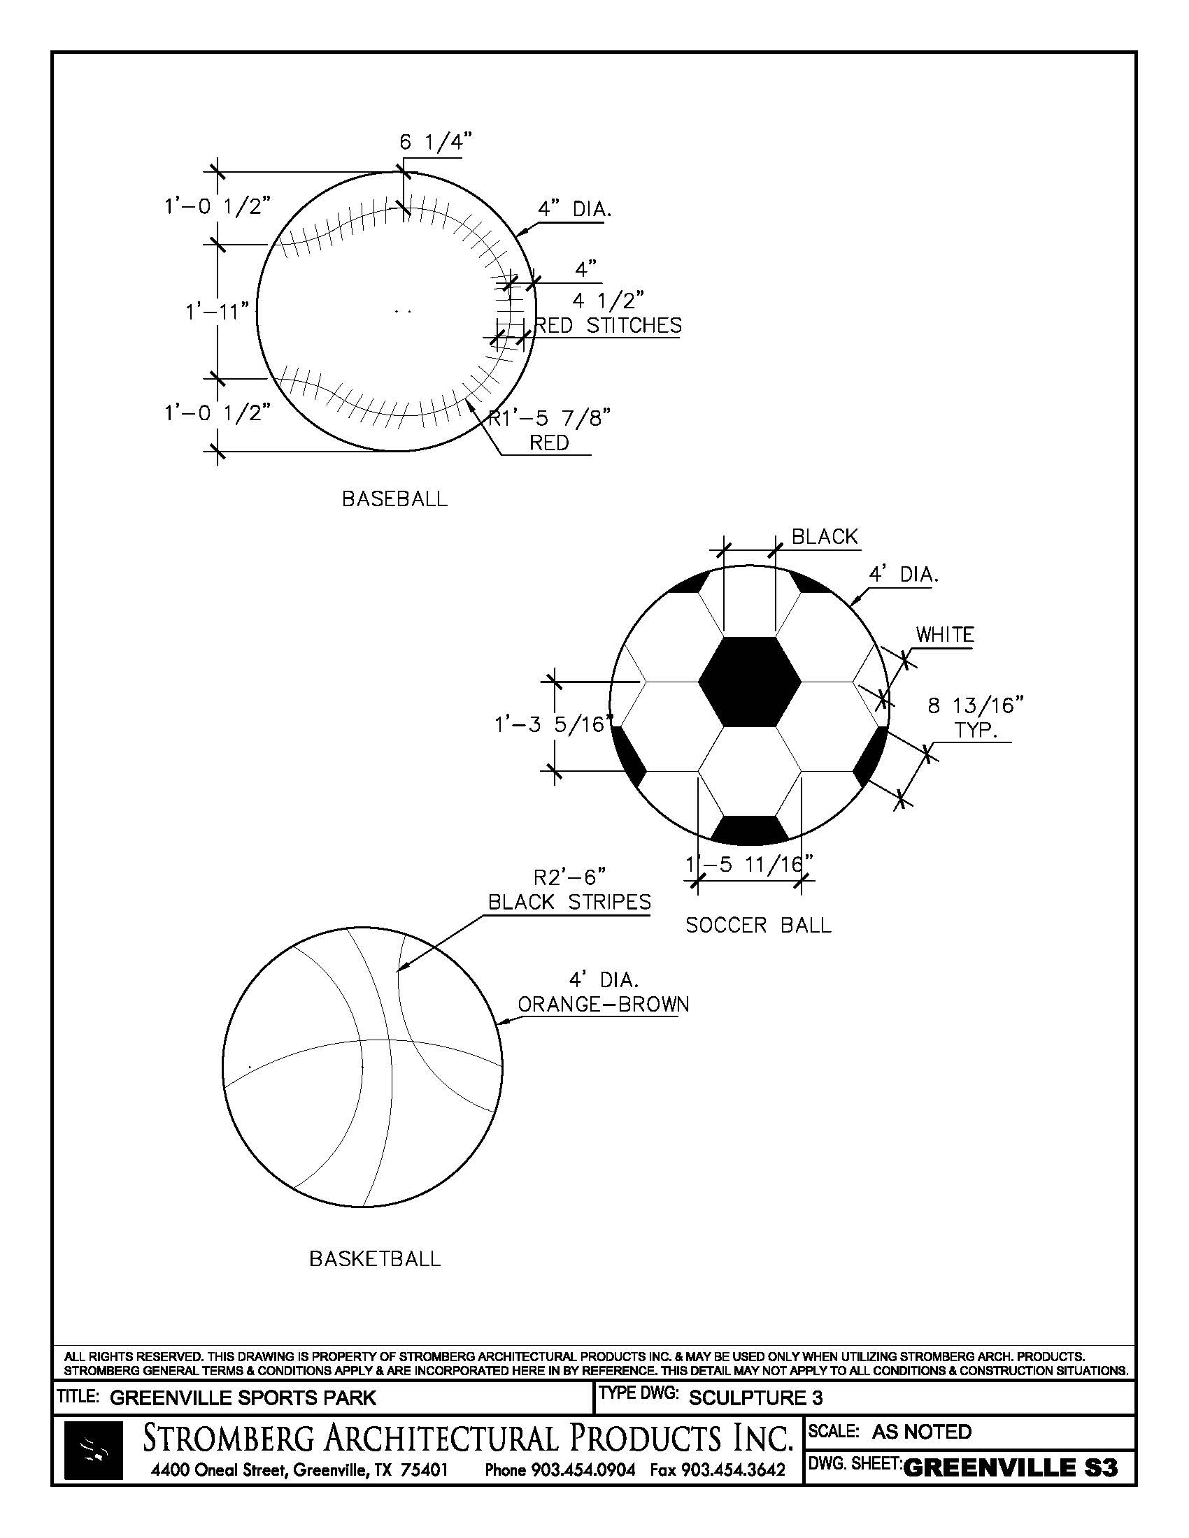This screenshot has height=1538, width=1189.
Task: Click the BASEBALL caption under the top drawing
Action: click(x=394, y=499)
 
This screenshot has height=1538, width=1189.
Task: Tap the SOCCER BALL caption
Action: click(x=758, y=925)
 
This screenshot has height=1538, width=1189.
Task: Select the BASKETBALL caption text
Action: click(x=375, y=1258)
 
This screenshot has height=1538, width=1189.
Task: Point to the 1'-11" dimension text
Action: click(x=218, y=310)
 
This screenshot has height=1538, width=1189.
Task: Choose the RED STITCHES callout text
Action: click(x=608, y=325)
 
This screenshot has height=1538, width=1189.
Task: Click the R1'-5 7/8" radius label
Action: click(x=550, y=419)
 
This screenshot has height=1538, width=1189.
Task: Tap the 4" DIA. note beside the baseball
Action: click(x=575, y=209)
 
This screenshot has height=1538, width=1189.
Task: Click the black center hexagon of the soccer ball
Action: click(x=750, y=681)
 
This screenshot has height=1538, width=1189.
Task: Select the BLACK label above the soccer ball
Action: click(x=825, y=537)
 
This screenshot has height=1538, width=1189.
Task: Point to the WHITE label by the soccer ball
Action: click(x=945, y=635)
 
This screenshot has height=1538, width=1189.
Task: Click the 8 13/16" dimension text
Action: click(x=975, y=705)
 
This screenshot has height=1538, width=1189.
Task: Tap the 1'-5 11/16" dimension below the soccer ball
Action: click(x=750, y=863)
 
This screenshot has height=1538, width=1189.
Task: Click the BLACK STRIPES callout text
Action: click(x=569, y=902)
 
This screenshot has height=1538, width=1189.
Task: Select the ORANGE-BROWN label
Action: click(x=604, y=1004)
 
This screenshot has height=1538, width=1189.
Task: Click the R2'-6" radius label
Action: click(x=570, y=877)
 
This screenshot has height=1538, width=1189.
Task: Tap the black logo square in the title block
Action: click(x=93, y=1450)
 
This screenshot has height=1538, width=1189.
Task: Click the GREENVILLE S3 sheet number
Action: click(x=1010, y=1468)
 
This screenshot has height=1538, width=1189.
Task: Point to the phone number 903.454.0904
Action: click(x=583, y=1469)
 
